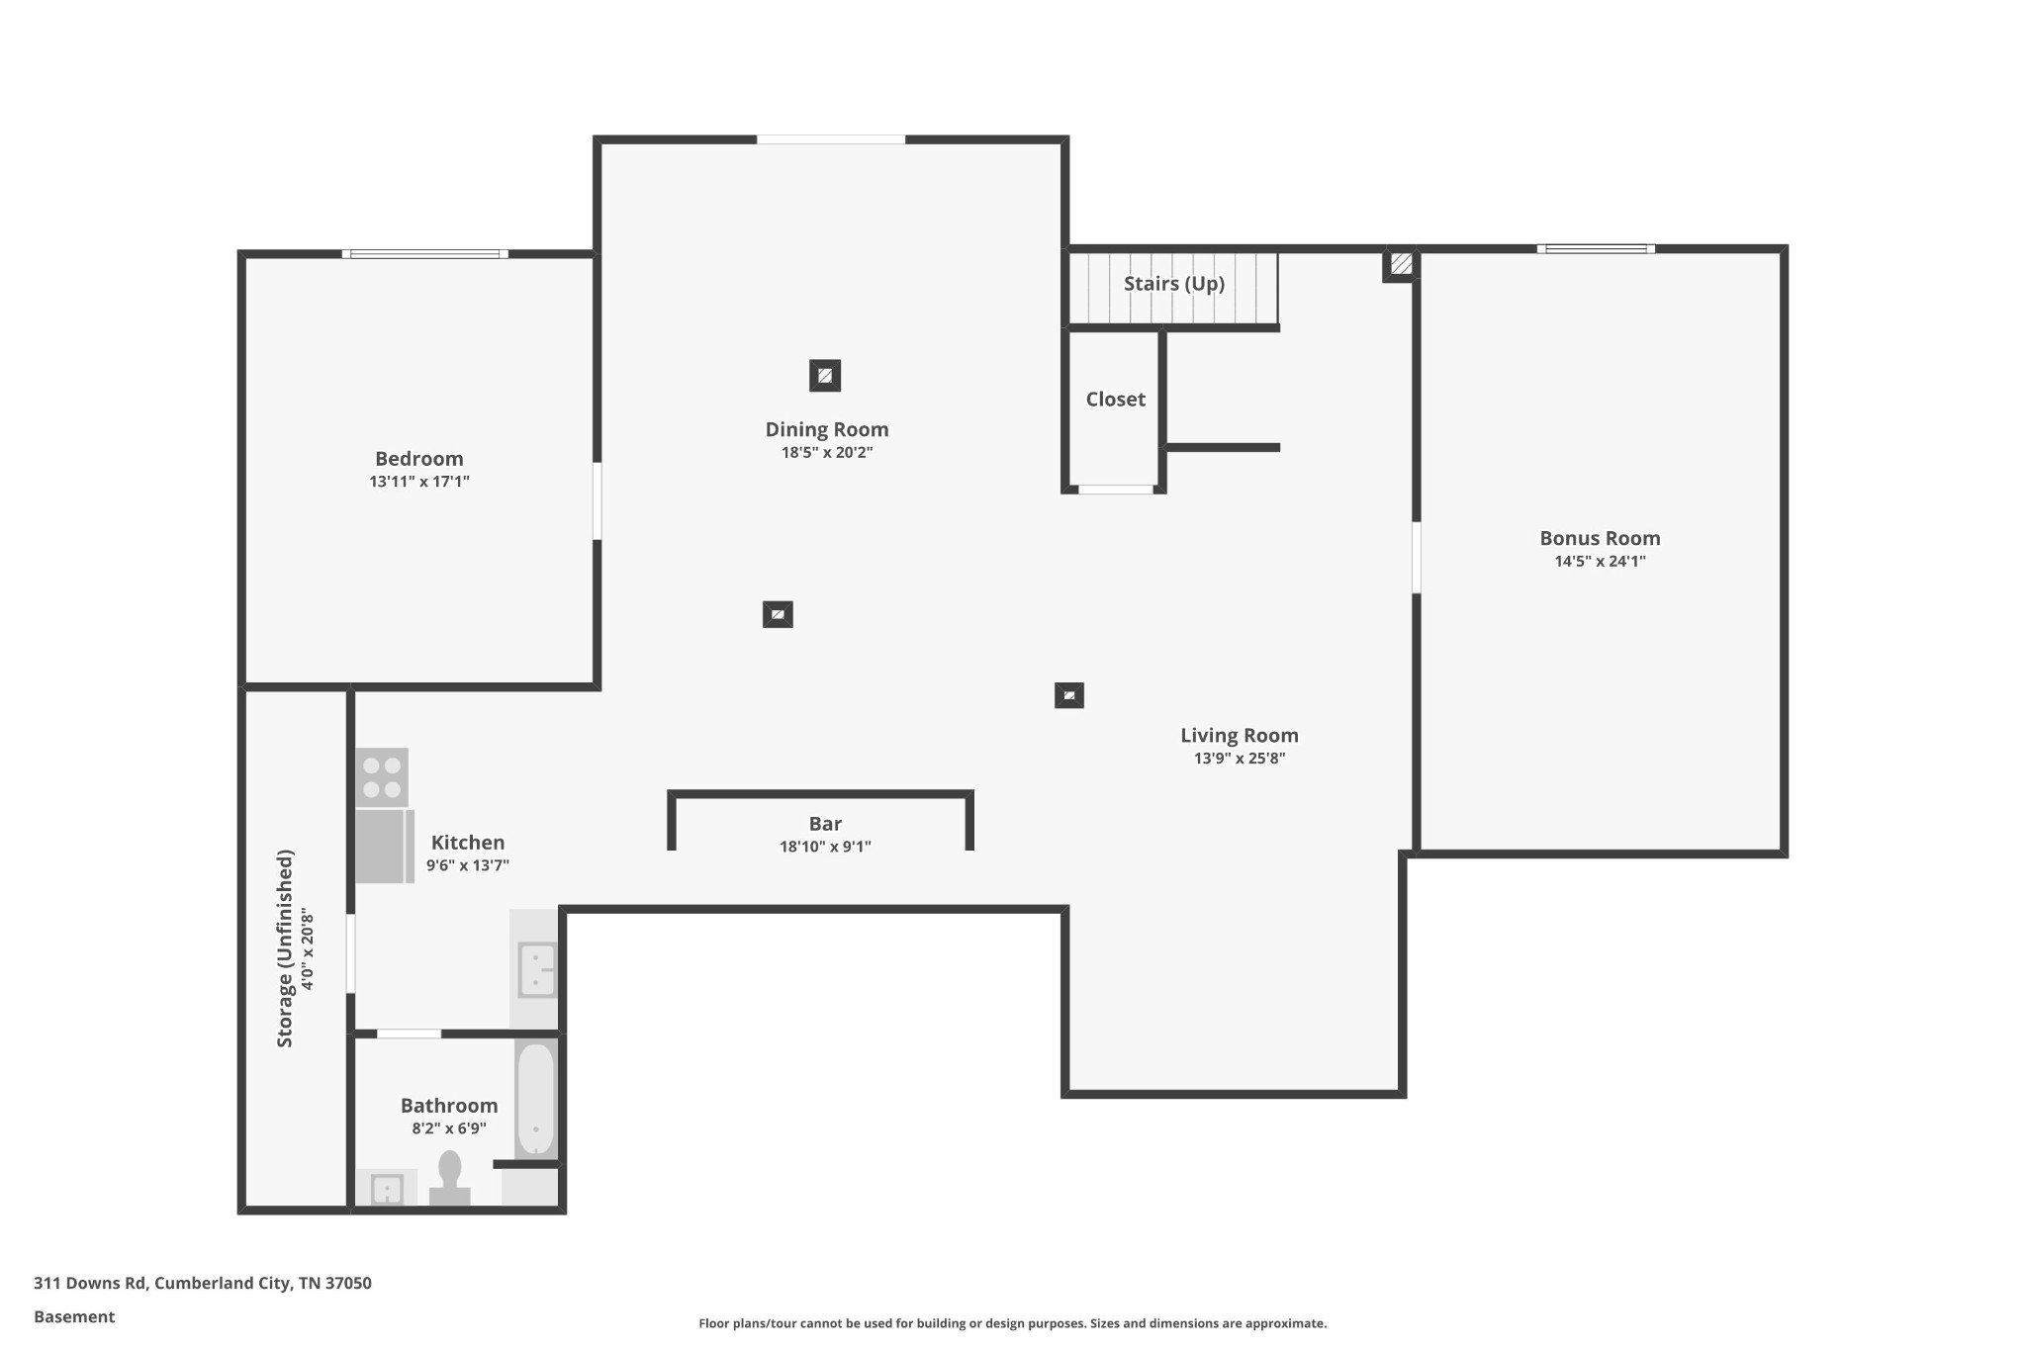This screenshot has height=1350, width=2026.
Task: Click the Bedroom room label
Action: pyautogui.click(x=418, y=459)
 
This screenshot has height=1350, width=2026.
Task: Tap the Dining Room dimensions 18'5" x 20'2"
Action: pyautogui.click(x=827, y=453)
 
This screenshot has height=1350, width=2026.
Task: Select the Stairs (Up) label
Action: pyautogui.click(x=1174, y=284)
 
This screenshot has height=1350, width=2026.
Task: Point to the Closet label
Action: pyautogui.click(x=1116, y=400)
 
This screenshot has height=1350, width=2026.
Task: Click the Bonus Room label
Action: pyautogui.click(x=1600, y=538)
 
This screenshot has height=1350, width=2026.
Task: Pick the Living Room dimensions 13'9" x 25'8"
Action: pyautogui.click(x=1240, y=759)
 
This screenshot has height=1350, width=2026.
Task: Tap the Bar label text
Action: pyautogui.click(x=825, y=824)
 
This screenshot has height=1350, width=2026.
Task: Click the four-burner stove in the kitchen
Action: pyautogui.click(x=382, y=777)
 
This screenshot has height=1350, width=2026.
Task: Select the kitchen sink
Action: pyautogui.click(x=537, y=969)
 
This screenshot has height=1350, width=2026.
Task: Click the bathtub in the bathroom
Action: pyautogui.click(x=536, y=1100)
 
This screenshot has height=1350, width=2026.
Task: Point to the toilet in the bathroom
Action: pyautogui.click(x=450, y=1179)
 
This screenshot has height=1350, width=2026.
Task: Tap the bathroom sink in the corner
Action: pyautogui.click(x=387, y=1189)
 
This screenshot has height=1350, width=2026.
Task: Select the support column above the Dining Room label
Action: pyautogui.click(x=825, y=376)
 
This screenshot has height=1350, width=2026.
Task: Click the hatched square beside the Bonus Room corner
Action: pyautogui.click(x=1401, y=264)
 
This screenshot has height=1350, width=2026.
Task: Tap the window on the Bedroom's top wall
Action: pyautogui.click(x=425, y=254)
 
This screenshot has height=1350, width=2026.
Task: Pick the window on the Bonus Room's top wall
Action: pyautogui.click(x=1596, y=249)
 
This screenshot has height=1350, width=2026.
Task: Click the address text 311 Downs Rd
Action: pyautogui.click(x=90, y=1284)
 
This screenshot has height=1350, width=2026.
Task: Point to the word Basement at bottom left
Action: pyautogui.click(x=74, y=1317)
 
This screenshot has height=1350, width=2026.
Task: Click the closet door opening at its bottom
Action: pyautogui.click(x=1116, y=489)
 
